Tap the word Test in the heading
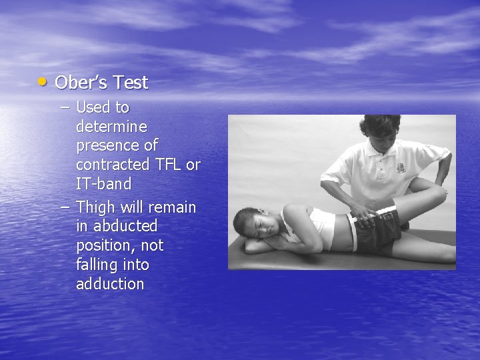pos(131,83)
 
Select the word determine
pos(111,126)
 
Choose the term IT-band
pos(103,183)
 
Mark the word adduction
pos(110,284)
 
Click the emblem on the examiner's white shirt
pos(401,168)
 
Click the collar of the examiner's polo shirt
pos(383,155)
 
